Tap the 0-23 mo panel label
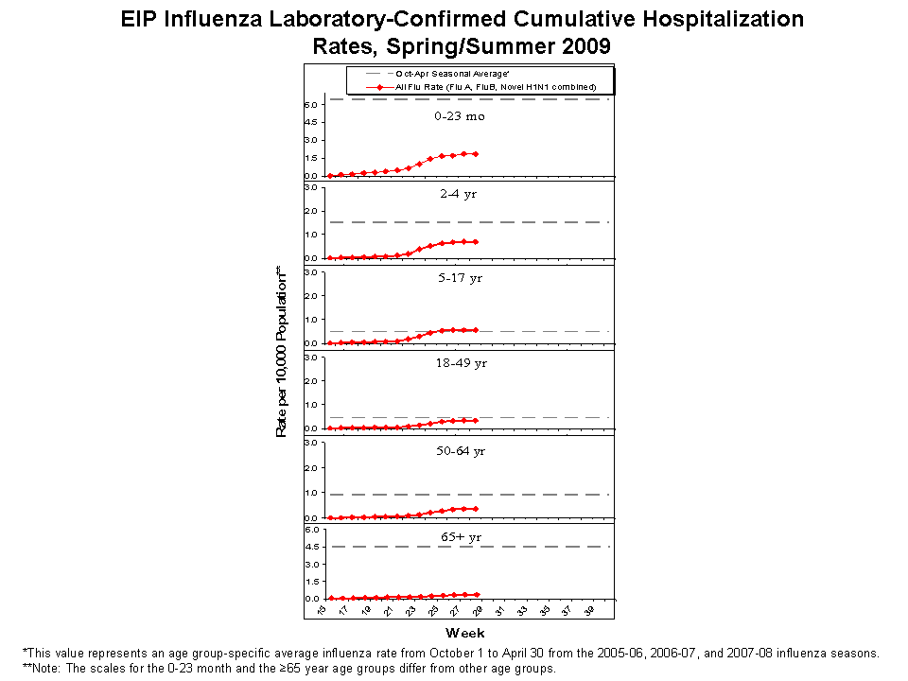click(460, 116)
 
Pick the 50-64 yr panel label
click(460, 451)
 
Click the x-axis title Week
click(465, 632)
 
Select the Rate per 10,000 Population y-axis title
click(281, 351)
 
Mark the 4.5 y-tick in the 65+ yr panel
click(310, 547)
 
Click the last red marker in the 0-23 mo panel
click(475, 154)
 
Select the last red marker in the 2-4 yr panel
click(475, 241)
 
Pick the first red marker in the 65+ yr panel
click(330, 598)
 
